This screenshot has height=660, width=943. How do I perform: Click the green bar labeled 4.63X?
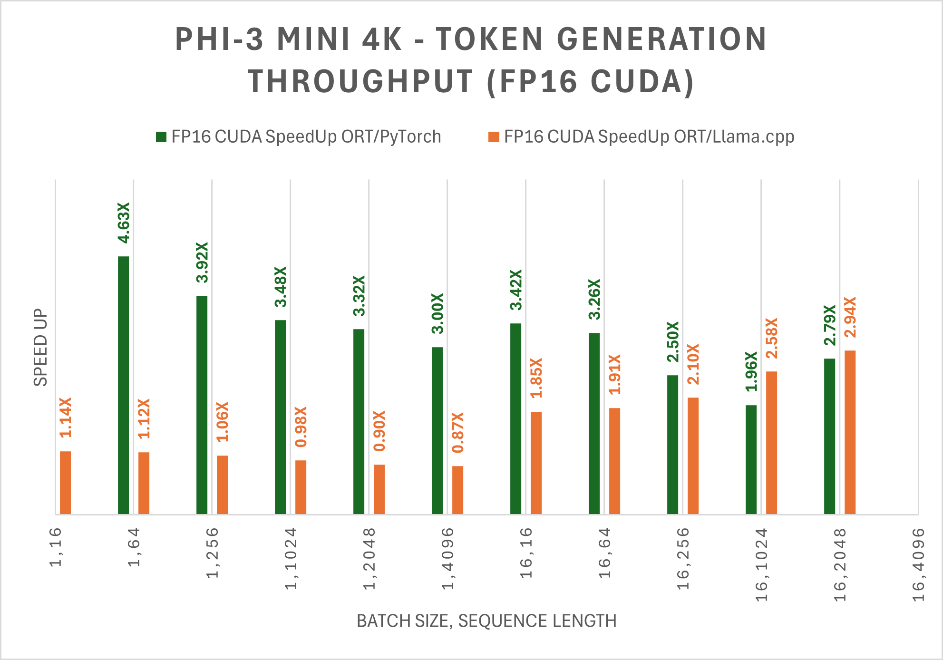123,385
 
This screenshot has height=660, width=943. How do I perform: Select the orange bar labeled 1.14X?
65,483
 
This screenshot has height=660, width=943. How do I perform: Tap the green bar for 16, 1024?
751,459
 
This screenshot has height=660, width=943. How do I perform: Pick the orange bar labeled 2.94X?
850,432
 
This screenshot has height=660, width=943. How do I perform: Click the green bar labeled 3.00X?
437,430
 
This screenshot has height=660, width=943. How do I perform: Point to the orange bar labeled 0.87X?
457,490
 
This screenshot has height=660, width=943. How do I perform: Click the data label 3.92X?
202,262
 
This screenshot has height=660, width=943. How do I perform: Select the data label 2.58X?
771,338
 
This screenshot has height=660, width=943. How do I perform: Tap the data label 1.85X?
536,378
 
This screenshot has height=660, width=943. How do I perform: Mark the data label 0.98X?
301,427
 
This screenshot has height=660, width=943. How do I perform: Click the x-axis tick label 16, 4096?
918,564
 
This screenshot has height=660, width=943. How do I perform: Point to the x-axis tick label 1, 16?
56,547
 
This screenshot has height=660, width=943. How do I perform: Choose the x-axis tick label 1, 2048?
369,559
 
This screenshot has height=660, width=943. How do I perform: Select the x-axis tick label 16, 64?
604,553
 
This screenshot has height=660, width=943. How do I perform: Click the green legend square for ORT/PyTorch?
161,137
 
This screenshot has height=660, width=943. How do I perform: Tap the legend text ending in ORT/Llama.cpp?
649,137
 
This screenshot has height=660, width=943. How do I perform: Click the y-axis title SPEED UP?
40,347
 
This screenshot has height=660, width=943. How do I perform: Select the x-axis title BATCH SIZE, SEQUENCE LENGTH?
486,621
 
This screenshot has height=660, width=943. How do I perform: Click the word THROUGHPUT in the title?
360,81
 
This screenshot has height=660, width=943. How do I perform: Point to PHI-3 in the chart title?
219,39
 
